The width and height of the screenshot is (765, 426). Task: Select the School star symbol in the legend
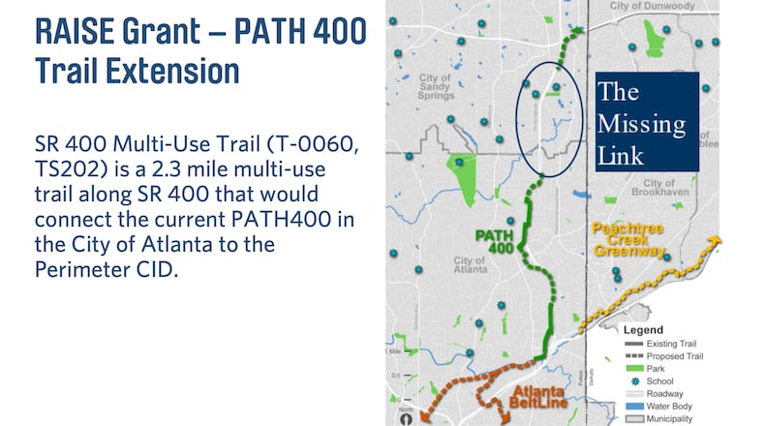coord(635,381)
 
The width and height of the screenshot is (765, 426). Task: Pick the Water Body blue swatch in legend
coord(635,406)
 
